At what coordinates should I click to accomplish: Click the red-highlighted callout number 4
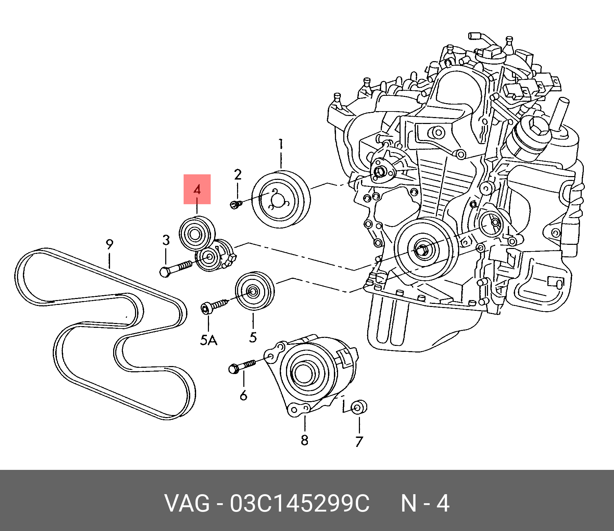tap(197, 190)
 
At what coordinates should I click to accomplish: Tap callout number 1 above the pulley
tap(281, 144)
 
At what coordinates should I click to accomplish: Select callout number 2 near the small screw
tap(237, 175)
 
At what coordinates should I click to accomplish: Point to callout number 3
tap(166, 240)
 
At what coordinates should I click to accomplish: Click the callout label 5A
tap(209, 340)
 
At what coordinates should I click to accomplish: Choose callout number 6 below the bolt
tap(244, 395)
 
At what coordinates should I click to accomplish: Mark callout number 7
tap(359, 441)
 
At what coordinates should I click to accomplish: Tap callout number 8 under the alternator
tap(304, 440)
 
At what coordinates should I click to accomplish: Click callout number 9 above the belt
tap(109, 244)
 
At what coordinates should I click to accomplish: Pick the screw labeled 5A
tap(213, 306)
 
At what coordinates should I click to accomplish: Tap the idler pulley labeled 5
tap(254, 291)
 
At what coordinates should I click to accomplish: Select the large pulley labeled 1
tap(280, 199)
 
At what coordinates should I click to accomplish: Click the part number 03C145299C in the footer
tap(300, 504)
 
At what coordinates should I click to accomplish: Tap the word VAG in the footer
tap(187, 504)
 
